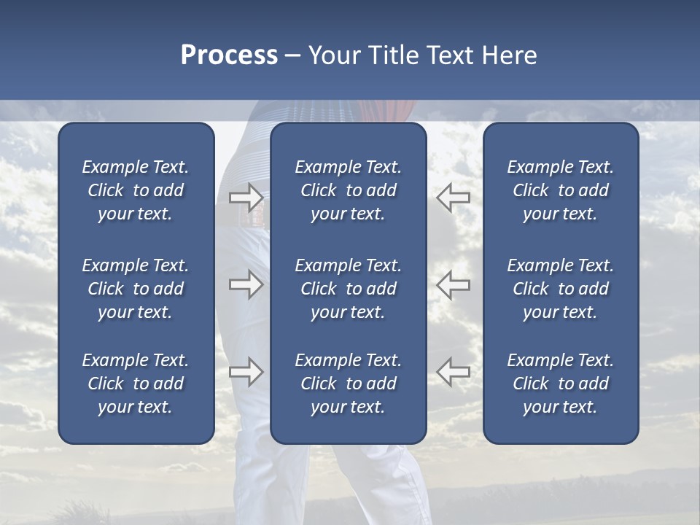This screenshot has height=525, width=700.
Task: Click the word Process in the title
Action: coord(229,55)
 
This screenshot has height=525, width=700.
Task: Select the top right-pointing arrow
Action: coord(246,197)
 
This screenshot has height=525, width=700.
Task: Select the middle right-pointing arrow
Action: coord(246,284)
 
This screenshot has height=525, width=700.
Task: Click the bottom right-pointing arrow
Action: coord(246,372)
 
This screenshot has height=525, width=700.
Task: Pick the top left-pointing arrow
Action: coord(453,197)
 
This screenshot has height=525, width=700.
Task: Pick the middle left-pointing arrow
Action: coord(453,284)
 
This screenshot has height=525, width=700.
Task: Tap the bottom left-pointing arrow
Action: coord(453,372)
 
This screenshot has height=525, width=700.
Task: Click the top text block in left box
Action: coord(136,190)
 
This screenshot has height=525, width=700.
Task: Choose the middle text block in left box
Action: coord(136,289)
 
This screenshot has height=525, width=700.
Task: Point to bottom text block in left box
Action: coord(136,384)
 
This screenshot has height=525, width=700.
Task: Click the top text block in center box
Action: coord(349,190)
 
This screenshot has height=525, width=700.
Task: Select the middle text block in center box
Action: coord(349,289)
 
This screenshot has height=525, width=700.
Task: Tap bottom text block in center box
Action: coord(349,384)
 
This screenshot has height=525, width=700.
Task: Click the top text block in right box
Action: coord(561,190)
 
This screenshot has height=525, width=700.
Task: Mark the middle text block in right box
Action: coord(561,289)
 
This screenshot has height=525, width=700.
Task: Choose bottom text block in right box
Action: coord(561,384)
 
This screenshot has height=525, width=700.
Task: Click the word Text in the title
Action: coord(448,55)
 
